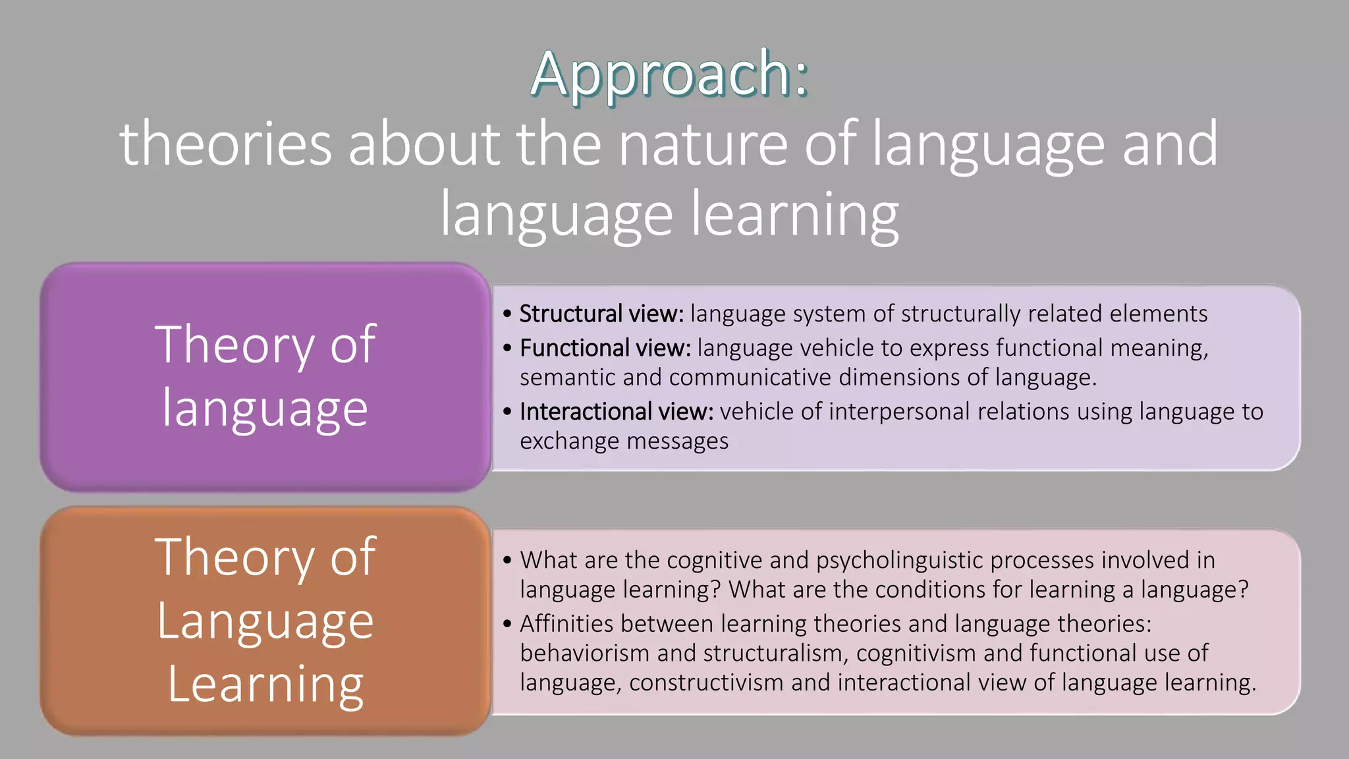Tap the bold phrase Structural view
point(601,314)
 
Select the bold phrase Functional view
point(605,348)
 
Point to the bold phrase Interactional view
point(617,412)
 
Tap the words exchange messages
point(624,441)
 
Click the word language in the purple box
point(265,408)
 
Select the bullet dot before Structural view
point(507,314)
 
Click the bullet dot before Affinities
point(507,624)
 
